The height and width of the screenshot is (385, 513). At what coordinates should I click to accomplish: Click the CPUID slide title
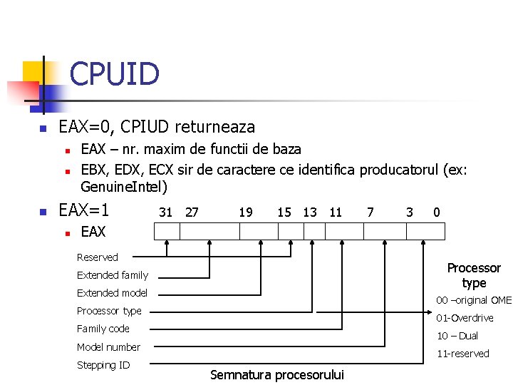[x=114, y=73]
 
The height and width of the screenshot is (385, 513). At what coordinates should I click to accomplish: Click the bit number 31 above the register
[x=165, y=212]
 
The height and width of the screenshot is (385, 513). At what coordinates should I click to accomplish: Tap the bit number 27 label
[x=192, y=212]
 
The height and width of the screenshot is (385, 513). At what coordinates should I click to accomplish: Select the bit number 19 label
[x=245, y=212]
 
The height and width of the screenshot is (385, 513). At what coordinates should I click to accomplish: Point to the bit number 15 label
[x=284, y=212]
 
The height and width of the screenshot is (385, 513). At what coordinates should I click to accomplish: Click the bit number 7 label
[x=370, y=212]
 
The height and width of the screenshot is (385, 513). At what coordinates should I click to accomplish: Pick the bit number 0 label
[x=436, y=212]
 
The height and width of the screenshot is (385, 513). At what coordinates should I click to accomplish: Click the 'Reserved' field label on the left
[x=98, y=257]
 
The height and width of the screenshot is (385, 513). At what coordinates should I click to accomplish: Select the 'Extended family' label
[x=113, y=275]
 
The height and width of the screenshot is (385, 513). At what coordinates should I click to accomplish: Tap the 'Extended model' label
[x=112, y=293]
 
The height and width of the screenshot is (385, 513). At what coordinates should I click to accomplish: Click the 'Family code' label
[x=103, y=329]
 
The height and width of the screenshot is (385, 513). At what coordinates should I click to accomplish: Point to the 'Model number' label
[x=108, y=347]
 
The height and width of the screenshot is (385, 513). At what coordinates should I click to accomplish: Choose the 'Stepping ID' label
[x=103, y=365]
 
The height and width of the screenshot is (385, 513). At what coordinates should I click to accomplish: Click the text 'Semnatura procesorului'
[x=277, y=375]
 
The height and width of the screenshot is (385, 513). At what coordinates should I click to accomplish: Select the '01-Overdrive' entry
[x=465, y=318]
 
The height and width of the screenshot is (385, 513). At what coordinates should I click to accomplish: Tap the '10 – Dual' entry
[x=457, y=336]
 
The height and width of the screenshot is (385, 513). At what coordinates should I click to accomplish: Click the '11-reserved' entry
[x=462, y=354]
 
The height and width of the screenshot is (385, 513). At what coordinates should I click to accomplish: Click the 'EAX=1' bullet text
[x=83, y=211]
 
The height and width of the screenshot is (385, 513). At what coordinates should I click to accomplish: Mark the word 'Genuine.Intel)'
[x=124, y=188]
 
